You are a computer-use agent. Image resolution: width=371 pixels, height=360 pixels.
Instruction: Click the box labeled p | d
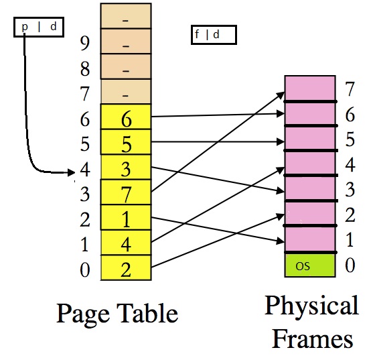(x=38, y=27)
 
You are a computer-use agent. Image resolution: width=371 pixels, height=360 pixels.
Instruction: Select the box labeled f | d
(x=214, y=35)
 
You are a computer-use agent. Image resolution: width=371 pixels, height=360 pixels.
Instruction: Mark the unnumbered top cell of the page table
(x=125, y=17)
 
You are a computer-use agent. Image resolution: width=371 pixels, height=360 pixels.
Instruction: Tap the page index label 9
(x=85, y=44)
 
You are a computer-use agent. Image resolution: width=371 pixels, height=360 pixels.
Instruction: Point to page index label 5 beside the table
(x=85, y=143)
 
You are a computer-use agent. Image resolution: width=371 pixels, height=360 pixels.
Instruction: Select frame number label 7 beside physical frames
(x=348, y=88)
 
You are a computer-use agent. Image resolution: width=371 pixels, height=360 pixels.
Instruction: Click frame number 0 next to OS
(x=348, y=265)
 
